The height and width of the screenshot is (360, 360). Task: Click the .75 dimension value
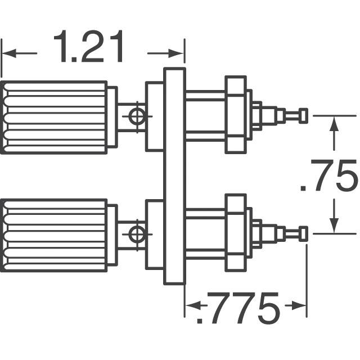click(x=330, y=176)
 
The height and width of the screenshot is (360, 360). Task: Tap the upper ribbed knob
click(x=54, y=117)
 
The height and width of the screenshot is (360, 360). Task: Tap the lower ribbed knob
click(x=54, y=234)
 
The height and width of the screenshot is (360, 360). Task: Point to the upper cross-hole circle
click(x=135, y=117)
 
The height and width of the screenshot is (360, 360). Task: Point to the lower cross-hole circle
click(x=135, y=234)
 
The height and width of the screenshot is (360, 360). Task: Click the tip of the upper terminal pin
click(x=304, y=116)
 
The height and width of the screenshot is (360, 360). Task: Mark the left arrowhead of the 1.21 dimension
click(x=8, y=54)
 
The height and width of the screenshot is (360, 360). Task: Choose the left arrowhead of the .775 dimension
click(x=191, y=306)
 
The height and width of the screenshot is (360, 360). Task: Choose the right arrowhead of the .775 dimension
click(x=300, y=306)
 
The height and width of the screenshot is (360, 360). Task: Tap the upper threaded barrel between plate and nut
click(x=205, y=116)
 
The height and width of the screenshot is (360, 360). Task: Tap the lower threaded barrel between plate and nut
click(x=205, y=233)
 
